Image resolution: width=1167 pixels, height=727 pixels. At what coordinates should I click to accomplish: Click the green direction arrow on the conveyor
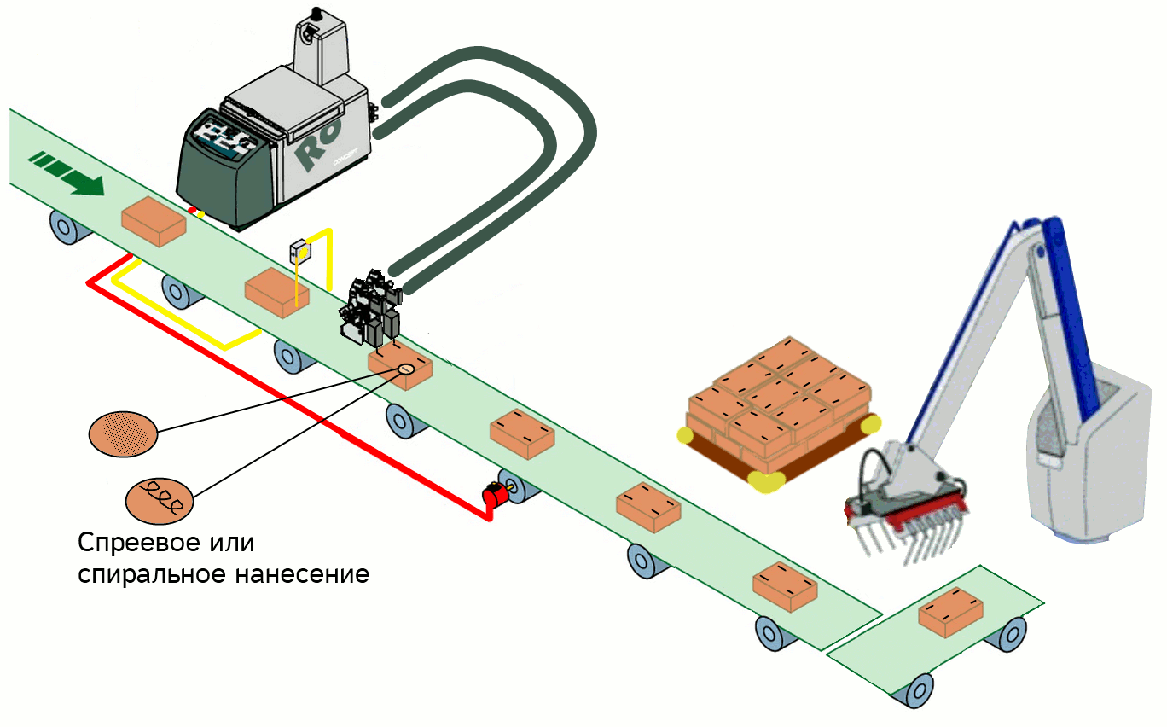click(x=68, y=173)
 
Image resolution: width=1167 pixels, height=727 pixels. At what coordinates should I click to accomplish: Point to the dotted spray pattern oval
click(x=123, y=433)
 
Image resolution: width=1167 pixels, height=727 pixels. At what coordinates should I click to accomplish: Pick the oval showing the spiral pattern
click(x=159, y=499)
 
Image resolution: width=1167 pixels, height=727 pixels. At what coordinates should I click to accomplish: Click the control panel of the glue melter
click(x=221, y=137)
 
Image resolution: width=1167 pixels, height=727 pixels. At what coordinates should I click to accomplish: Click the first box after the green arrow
click(x=154, y=221)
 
